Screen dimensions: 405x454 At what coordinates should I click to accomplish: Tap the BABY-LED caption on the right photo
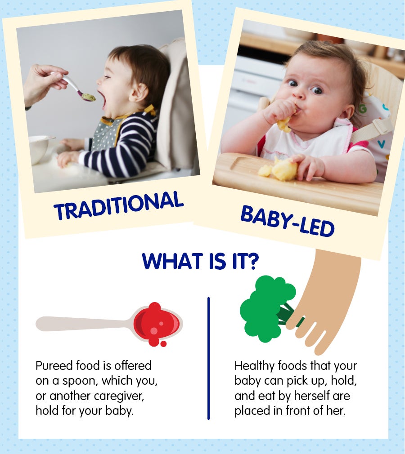(287, 221)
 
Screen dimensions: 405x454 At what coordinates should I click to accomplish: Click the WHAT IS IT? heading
(200, 261)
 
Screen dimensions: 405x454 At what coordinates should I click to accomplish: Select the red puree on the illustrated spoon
(157, 324)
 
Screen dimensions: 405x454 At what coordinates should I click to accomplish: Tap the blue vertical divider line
(208, 358)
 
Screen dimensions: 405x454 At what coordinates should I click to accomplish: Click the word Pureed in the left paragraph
(54, 366)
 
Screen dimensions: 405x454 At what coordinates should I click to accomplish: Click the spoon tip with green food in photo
(88, 97)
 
